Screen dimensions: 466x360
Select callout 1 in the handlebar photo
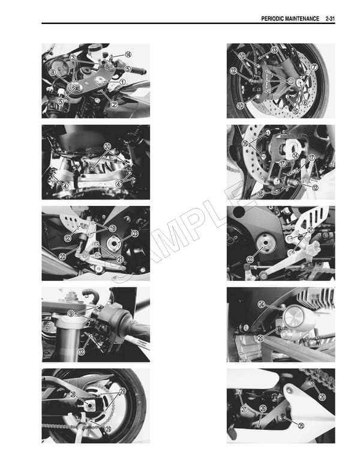point(122,82)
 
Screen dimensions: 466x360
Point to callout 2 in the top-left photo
point(113,104)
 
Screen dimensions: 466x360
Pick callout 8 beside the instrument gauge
point(53,73)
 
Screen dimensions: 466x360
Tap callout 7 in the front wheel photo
point(314,68)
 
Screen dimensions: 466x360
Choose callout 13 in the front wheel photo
point(274,50)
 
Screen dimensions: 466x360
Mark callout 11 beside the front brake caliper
point(291,80)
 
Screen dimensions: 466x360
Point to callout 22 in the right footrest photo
point(250,260)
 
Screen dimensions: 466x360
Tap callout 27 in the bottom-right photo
point(244,409)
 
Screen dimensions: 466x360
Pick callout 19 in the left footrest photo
point(112,228)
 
